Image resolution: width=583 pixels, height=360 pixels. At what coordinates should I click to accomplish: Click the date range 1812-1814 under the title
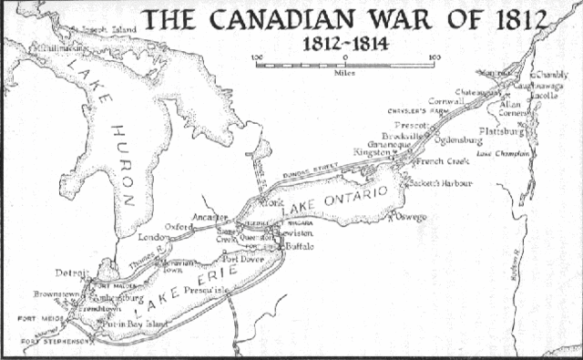pos(344,42)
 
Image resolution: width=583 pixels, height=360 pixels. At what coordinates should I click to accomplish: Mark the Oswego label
pos(413,217)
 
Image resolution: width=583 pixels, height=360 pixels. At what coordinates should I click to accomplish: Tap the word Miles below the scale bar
pos(344,69)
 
